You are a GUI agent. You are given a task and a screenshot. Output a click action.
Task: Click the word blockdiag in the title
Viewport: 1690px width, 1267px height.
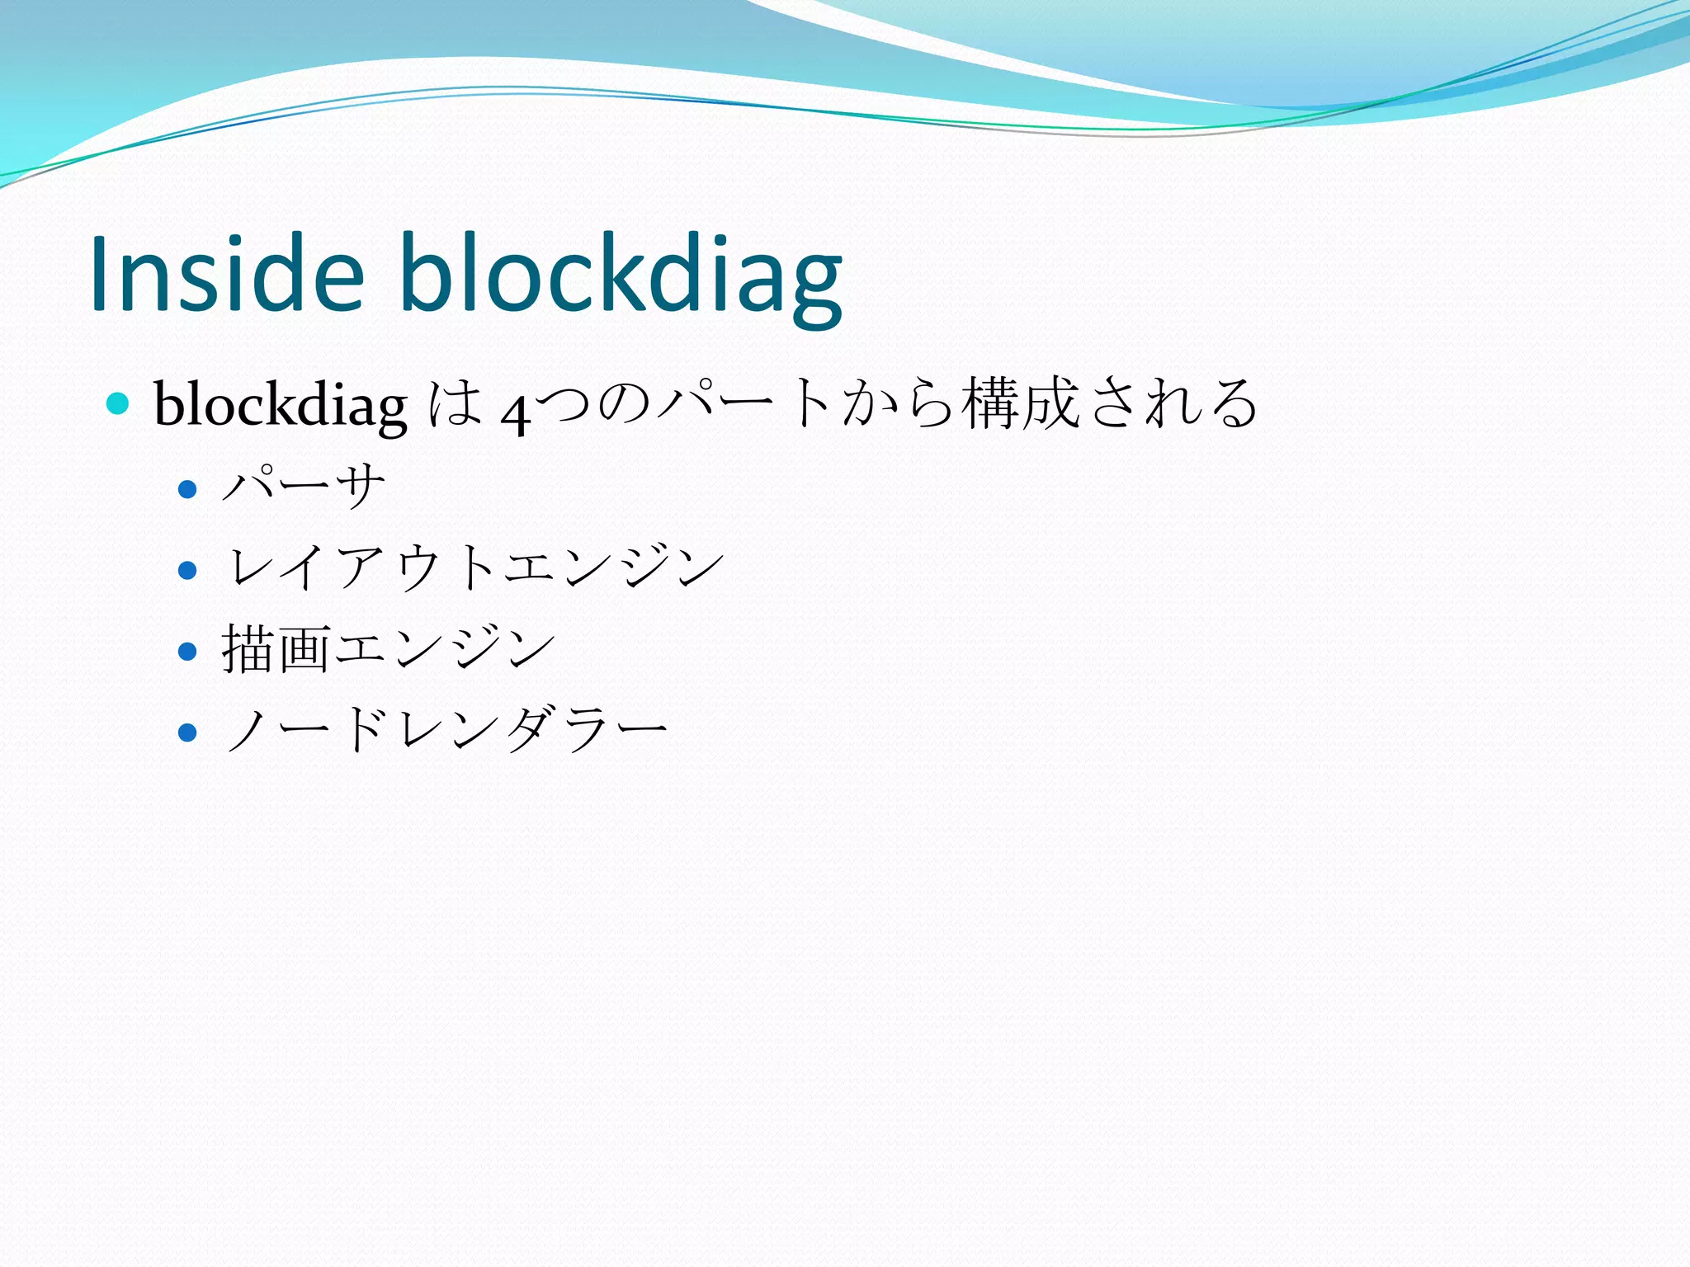[x=621, y=273]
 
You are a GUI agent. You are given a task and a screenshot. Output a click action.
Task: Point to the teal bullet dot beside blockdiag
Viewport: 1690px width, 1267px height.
[x=119, y=403]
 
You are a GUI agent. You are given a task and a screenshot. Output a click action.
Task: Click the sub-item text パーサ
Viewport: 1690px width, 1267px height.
[x=304, y=486]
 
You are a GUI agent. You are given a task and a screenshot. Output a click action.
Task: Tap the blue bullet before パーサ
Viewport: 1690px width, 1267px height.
[x=187, y=489]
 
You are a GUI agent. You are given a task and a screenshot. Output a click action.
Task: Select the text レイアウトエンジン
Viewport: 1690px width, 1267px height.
[x=474, y=568]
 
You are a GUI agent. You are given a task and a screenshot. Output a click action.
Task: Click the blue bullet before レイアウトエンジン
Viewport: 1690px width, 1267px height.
[x=187, y=570]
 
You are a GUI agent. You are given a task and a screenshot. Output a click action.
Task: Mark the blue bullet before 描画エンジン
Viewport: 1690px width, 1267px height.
[x=187, y=652]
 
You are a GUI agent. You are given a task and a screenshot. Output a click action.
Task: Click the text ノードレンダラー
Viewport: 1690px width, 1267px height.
[x=446, y=729]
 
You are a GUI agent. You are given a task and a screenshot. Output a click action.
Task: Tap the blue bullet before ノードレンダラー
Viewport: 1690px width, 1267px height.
[x=187, y=732]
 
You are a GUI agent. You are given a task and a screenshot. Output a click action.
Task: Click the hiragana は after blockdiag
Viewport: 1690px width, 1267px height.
[x=455, y=403]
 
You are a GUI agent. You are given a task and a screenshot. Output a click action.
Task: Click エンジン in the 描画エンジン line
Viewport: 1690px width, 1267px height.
[x=444, y=649]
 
